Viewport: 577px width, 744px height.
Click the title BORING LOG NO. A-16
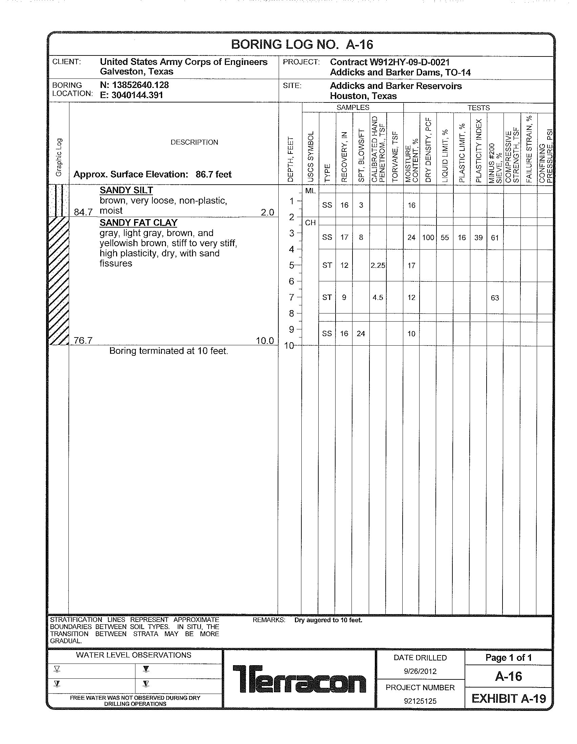(x=302, y=45)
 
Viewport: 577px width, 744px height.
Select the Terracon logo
(x=299, y=679)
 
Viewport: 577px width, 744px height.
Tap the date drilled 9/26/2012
(x=420, y=671)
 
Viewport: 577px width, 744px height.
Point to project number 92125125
(x=420, y=701)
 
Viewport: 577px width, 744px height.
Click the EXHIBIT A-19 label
(x=509, y=699)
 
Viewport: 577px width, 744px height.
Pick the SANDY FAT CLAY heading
(x=138, y=223)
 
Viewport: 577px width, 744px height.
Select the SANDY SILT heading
(x=126, y=190)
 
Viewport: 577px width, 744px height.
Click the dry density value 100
(x=428, y=238)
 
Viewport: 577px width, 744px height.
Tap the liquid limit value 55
(x=445, y=238)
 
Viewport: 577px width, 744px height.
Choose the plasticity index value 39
(x=478, y=238)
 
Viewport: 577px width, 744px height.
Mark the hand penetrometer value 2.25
(x=378, y=265)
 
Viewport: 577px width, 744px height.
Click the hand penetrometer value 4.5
(x=378, y=297)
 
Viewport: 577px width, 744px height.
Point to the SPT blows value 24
(x=361, y=334)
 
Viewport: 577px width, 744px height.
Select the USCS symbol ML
(x=310, y=191)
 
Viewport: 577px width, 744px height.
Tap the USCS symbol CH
(x=310, y=223)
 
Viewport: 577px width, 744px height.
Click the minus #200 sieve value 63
(x=495, y=298)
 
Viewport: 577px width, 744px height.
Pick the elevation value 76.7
(x=83, y=341)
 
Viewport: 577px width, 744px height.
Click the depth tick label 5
(x=292, y=265)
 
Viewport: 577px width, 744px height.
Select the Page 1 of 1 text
(x=509, y=658)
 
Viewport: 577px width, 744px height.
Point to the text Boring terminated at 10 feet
(x=169, y=351)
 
